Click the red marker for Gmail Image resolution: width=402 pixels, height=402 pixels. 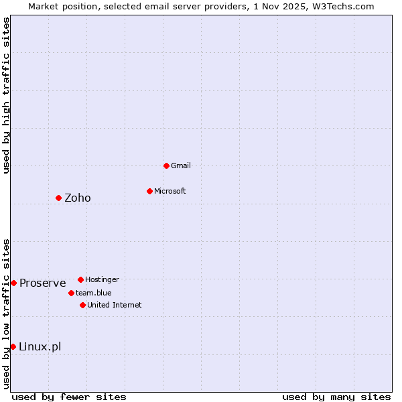(x=166, y=165)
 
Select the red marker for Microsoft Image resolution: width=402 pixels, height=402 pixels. (x=149, y=191)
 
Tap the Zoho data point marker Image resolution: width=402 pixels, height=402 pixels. (x=58, y=198)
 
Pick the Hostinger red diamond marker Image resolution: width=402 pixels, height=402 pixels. (x=80, y=279)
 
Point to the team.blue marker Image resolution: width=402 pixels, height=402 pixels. (x=71, y=293)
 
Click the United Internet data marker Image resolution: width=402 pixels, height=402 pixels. (x=82, y=305)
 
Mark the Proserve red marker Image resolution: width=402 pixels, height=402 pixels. (x=13, y=283)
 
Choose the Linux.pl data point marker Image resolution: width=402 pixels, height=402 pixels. (x=13, y=346)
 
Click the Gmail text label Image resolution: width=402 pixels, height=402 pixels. (x=181, y=165)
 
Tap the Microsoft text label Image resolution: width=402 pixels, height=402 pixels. (x=170, y=191)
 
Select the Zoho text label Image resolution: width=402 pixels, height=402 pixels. (x=78, y=198)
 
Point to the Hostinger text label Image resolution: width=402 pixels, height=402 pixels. (x=102, y=279)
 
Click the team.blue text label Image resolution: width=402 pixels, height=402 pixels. (x=94, y=293)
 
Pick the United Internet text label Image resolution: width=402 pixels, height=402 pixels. (x=115, y=305)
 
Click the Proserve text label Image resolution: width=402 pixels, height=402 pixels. (x=43, y=283)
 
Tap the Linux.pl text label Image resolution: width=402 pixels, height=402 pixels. (x=40, y=346)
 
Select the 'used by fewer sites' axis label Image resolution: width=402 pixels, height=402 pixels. (x=69, y=397)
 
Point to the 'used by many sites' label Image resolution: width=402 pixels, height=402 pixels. (x=336, y=397)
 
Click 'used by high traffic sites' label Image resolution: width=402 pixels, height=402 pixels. (x=6, y=95)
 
